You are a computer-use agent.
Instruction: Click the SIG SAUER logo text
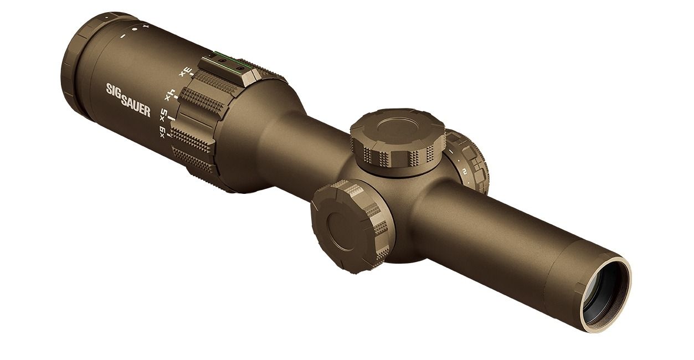pos(128,100)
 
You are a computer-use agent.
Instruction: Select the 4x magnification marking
pos(171,95)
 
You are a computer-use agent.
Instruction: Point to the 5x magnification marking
pos(163,115)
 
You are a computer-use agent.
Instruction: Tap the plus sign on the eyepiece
pos(146,25)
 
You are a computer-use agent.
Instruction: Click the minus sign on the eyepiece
pos(122,37)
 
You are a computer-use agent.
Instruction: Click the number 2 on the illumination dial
pos(465,171)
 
